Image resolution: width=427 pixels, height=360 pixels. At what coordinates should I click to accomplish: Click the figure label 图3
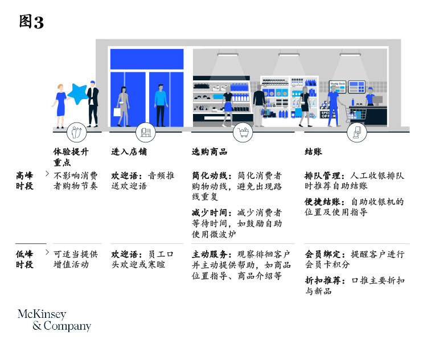click(31, 22)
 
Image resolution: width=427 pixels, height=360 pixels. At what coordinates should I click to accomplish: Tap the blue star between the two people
click(78, 94)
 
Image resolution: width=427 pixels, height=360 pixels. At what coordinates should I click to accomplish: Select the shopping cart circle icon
click(243, 133)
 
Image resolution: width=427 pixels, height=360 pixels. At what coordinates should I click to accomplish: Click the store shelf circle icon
click(146, 133)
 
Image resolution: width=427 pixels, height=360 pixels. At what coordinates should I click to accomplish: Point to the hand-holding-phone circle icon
click(357, 133)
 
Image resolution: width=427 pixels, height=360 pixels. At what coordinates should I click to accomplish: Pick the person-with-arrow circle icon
click(77, 133)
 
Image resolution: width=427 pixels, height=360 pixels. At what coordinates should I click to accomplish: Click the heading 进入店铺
click(129, 152)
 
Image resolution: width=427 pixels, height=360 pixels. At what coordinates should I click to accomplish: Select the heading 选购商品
click(210, 152)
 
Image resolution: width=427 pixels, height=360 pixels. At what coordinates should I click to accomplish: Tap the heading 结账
click(313, 152)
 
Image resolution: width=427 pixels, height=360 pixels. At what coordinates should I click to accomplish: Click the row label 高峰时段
click(24, 181)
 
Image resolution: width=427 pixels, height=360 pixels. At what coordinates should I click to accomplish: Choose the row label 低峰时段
click(24, 259)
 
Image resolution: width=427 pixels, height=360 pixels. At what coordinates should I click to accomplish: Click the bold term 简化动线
click(210, 176)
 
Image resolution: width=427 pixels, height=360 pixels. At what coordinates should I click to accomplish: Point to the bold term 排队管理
click(322, 176)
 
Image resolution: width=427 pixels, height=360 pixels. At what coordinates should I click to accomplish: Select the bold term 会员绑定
click(322, 254)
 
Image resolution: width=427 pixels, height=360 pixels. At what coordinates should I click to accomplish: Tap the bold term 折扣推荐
click(322, 280)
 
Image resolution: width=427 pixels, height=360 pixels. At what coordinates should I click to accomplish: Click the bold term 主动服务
click(210, 254)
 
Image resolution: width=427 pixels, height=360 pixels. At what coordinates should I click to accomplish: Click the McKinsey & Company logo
click(55, 320)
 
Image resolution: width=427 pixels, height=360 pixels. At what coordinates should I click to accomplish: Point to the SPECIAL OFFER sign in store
click(328, 114)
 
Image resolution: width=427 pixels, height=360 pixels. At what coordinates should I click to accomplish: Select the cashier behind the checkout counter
click(370, 96)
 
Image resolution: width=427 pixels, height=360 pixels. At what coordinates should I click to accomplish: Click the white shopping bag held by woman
click(117, 112)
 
